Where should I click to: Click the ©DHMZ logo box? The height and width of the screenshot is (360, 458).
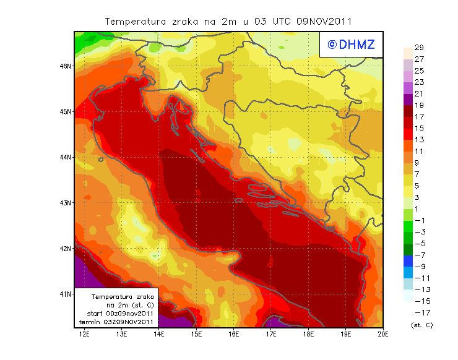pos(351,45)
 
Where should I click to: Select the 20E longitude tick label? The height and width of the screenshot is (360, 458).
pos(383,335)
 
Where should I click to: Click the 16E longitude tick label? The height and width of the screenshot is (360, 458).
pos(234,335)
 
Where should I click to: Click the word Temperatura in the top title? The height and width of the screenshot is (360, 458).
pos(136,21)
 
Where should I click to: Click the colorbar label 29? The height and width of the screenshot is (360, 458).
pos(419,48)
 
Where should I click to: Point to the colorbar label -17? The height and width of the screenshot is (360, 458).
pos(421,312)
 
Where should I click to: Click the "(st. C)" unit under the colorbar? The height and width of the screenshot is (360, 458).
pos(421,325)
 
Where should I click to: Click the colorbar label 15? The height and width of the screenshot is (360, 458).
pos(419,129)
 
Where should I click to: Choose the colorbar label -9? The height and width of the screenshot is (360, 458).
pos(420,267)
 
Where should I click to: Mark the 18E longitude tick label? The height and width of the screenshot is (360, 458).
pos(308,335)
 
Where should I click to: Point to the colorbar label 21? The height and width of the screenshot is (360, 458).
pos(419,94)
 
